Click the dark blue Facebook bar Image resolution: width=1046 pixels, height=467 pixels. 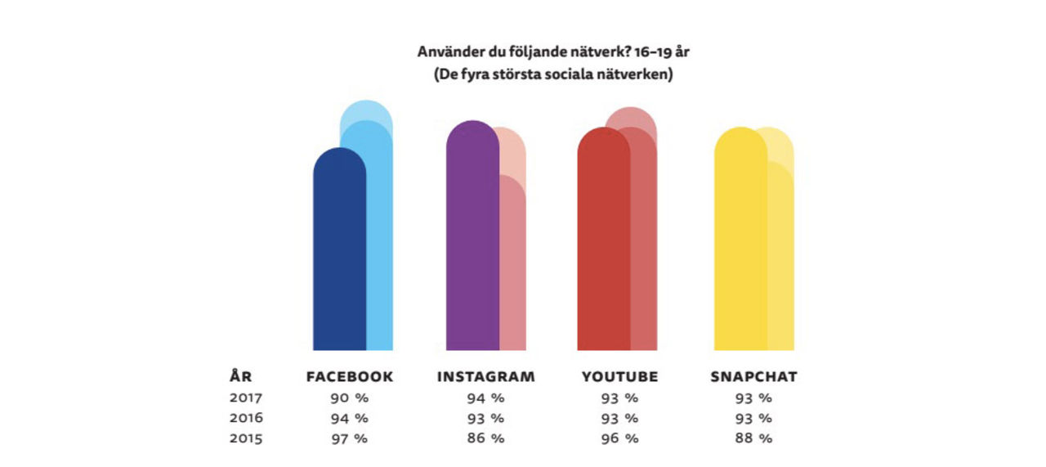click(x=339, y=254)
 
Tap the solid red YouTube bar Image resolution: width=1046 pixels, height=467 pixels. click(x=603, y=245)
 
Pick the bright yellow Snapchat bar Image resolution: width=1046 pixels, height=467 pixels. click(x=740, y=245)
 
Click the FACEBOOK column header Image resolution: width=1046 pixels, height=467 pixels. click(x=350, y=377)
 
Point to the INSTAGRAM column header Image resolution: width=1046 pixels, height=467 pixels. click(x=485, y=377)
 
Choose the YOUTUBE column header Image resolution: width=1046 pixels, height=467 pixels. click(x=619, y=377)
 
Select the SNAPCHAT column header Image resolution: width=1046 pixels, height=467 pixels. click(x=753, y=377)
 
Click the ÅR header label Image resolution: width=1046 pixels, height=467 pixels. click(x=240, y=377)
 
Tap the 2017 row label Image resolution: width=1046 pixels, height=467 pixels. click(x=245, y=398)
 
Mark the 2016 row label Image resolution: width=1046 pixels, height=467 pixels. click(x=245, y=418)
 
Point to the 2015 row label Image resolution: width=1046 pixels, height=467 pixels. click(x=245, y=438)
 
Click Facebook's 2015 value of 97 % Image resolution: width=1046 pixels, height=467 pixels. click(x=350, y=438)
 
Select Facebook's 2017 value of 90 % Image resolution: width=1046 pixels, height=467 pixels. click(x=350, y=398)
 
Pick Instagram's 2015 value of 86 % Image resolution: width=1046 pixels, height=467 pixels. click(x=485, y=438)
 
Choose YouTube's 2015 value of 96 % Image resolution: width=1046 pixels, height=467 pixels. click(x=619, y=438)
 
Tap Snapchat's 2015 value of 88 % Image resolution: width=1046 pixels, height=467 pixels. click(x=753, y=438)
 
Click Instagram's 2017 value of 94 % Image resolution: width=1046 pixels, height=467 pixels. click(x=485, y=398)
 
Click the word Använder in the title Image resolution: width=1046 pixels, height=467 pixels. click(x=447, y=52)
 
